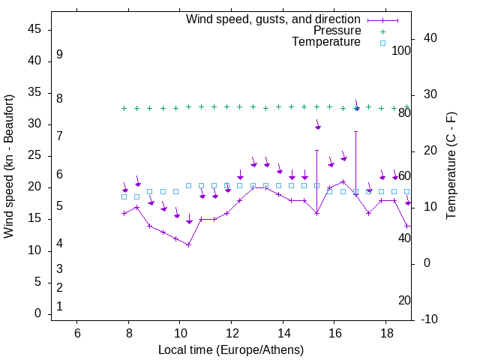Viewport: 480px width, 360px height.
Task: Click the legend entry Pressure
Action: coord(337,31)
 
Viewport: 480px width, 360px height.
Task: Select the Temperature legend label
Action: coord(326,42)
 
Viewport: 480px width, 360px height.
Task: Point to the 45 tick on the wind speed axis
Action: coord(35,30)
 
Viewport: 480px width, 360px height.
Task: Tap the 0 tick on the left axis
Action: coord(38,314)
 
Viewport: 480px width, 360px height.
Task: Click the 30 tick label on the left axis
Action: coord(35,124)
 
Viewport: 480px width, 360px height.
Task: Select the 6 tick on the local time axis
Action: coord(77,333)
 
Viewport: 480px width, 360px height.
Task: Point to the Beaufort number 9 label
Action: coord(59,55)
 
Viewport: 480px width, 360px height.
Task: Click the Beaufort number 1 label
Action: coord(59,306)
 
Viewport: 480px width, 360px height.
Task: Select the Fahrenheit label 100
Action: coord(401,50)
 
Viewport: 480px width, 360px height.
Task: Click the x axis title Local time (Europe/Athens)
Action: coord(231,349)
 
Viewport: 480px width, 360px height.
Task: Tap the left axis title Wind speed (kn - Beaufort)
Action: coord(9,166)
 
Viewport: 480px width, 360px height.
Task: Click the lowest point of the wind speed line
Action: coord(189,244)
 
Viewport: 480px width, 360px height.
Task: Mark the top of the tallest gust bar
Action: coord(356,131)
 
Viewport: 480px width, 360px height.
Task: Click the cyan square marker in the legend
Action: coord(382,43)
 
